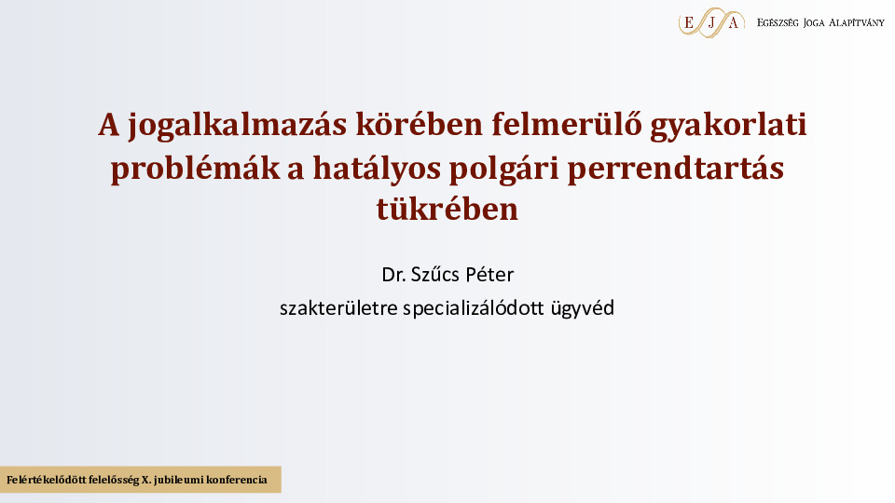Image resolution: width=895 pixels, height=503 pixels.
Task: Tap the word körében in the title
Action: pos(420,124)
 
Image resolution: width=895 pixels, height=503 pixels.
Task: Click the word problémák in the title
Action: pos(196,169)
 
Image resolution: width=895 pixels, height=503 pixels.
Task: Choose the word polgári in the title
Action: pos(504,169)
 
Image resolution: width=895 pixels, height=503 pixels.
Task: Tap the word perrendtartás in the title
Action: pos(676,169)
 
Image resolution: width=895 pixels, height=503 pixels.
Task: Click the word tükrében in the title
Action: pos(447,208)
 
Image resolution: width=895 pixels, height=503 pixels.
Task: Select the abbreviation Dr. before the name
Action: pos(393,275)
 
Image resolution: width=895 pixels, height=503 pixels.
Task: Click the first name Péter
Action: pos(489,275)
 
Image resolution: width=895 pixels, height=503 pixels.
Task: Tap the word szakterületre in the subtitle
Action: pos(338,308)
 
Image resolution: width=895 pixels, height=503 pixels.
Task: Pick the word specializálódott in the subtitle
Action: pos(474,309)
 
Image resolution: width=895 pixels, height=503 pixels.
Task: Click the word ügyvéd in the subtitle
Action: pos(582,309)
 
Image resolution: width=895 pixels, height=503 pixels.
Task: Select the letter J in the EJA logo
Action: pos(711,23)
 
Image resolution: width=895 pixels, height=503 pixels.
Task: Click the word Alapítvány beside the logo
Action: pos(856,22)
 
